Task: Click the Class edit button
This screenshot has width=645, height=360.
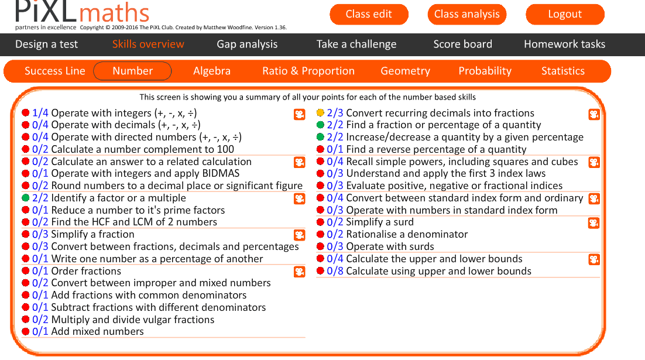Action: coord(369,15)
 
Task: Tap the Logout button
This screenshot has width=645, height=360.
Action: coord(565,15)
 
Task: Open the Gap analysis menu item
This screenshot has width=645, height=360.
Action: coord(247,44)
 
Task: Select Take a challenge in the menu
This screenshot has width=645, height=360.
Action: coord(356,44)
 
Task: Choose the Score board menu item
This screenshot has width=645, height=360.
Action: coord(462,44)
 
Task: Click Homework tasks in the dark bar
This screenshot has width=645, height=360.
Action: coord(564,44)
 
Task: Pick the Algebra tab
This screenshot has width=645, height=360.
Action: coord(212,71)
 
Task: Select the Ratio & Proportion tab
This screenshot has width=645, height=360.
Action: coord(308,71)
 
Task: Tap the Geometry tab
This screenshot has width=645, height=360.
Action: coord(405,71)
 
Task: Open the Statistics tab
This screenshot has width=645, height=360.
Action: coord(562,71)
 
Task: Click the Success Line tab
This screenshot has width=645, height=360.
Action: coord(55,71)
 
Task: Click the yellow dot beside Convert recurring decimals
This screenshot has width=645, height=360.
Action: coord(320,113)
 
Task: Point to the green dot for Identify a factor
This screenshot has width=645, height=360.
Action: coord(25,198)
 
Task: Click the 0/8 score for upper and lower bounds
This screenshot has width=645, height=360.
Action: coord(335,271)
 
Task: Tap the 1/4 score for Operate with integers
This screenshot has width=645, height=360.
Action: coord(40,113)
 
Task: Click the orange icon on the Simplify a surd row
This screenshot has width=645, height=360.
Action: coord(594,223)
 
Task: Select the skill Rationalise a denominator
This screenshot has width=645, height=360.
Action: coord(407,234)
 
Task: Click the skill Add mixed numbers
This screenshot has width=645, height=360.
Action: coord(97,332)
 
